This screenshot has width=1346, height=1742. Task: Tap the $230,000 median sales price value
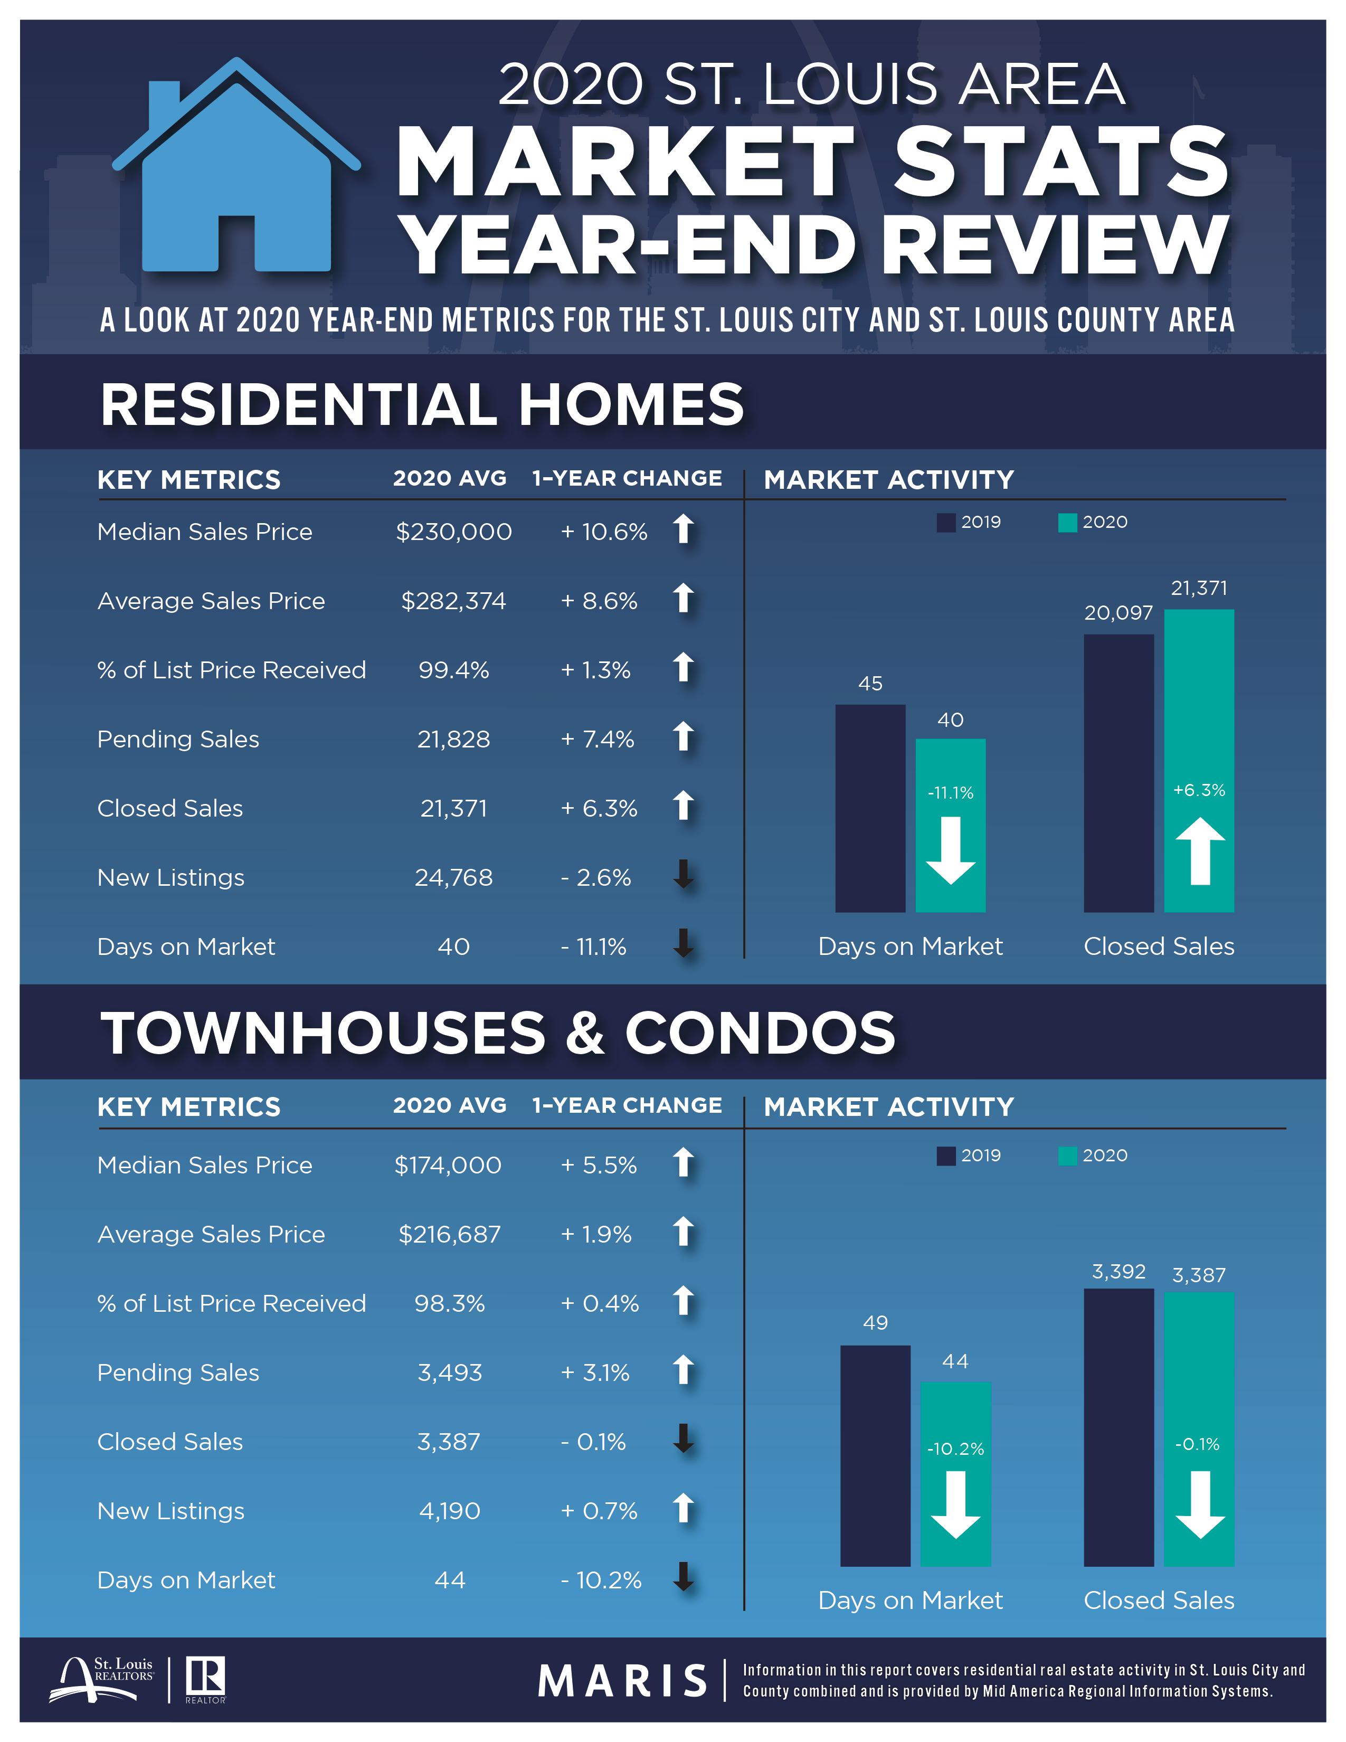click(x=453, y=532)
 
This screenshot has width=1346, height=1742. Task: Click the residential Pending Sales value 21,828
click(x=453, y=740)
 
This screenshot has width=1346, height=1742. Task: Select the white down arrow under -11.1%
click(x=951, y=850)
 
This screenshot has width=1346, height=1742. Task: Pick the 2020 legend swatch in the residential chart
click(x=1067, y=523)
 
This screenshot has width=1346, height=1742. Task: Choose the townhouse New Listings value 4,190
click(x=450, y=1511)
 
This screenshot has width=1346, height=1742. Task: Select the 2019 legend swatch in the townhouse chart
click(x=946, y=1156)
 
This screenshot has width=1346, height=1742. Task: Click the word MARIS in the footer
click(x=623, y=1681)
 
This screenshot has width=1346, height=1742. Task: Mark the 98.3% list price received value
click(x=449, y=1304)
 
